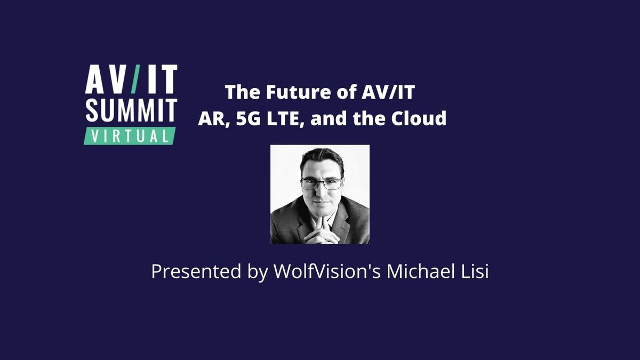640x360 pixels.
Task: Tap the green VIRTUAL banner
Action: coord(130,135)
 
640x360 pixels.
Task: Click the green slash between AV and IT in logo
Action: coord(135,79)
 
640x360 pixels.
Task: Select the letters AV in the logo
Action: coord(107,80)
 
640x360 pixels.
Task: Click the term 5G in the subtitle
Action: coord(249,118)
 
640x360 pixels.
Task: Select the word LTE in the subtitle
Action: coord(285,118)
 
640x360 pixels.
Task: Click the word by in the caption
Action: coord(255,272)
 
